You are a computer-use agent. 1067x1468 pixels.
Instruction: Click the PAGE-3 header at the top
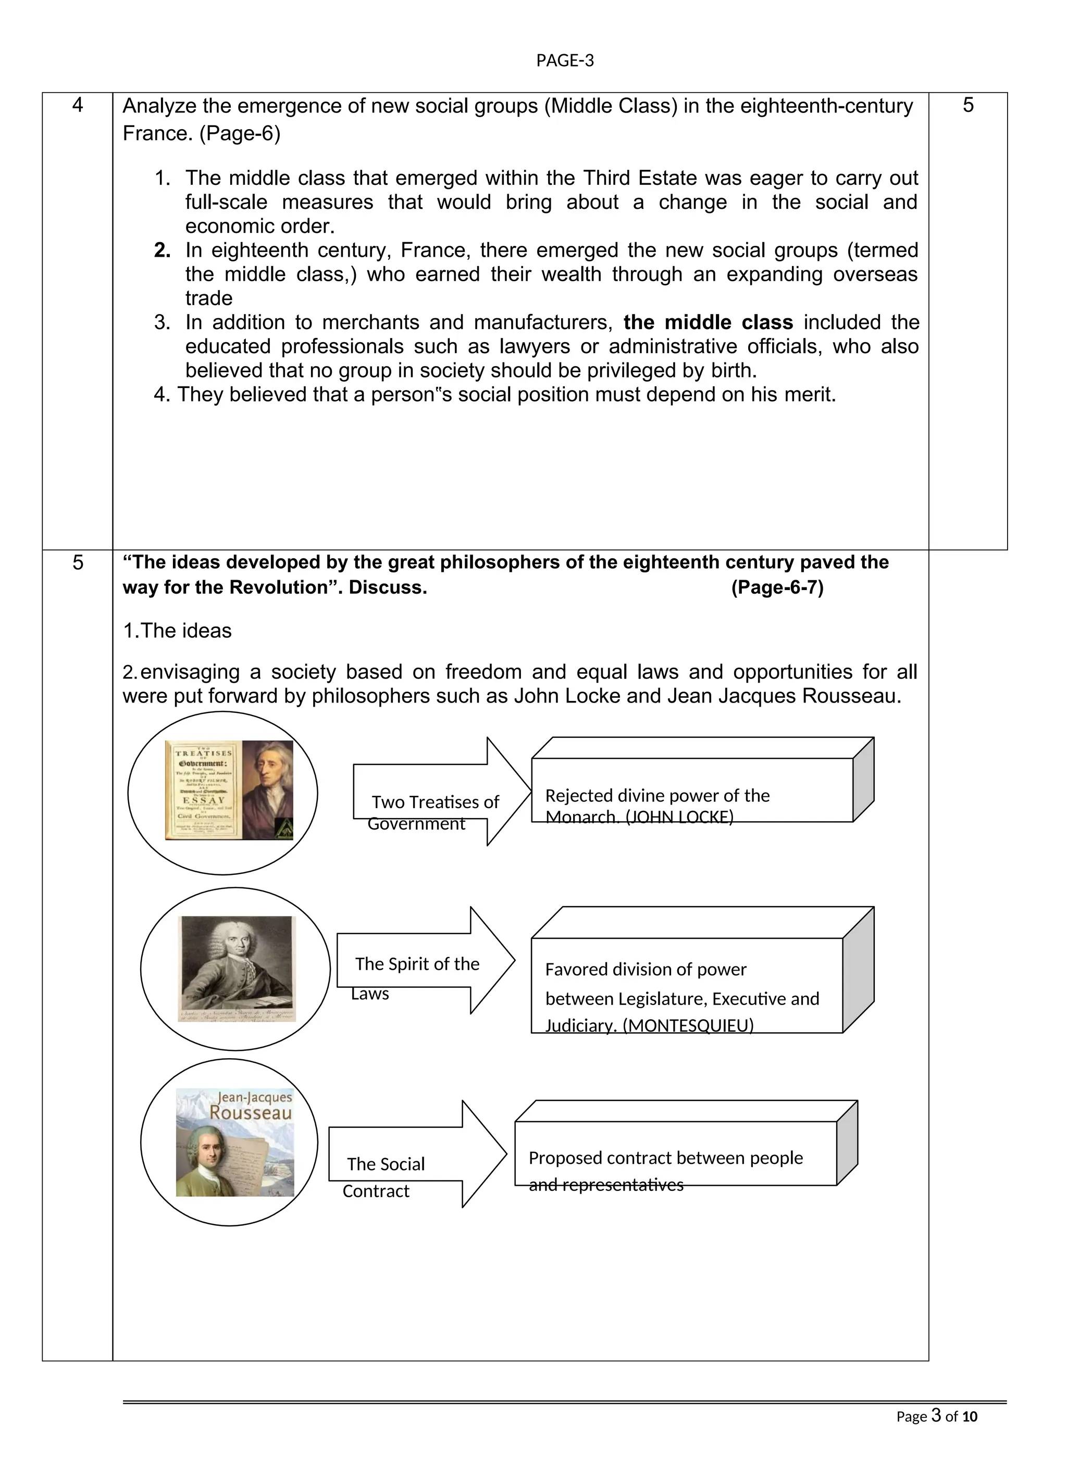click(x=565, y=61)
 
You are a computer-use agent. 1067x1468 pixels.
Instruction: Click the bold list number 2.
click(x=163, y=250)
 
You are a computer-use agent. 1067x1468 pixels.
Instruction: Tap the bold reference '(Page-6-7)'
click(x=777, y=588)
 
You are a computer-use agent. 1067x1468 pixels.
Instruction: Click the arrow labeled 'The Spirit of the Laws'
click(x=424, y=961)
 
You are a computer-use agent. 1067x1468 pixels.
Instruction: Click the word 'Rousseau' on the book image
click(x=251, y=1113)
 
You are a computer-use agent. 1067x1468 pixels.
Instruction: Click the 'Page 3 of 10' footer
click(x=936, y=1417)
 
